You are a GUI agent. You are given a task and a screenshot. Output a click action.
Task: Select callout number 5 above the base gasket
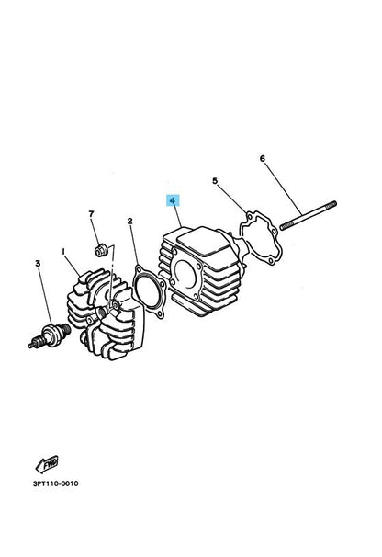click(216, 182)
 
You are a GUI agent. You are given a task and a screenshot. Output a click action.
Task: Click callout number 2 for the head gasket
click(130, 222)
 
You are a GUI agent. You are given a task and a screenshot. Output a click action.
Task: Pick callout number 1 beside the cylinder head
click(63, 249)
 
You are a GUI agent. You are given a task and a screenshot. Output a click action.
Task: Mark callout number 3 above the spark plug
click(39, 264)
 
